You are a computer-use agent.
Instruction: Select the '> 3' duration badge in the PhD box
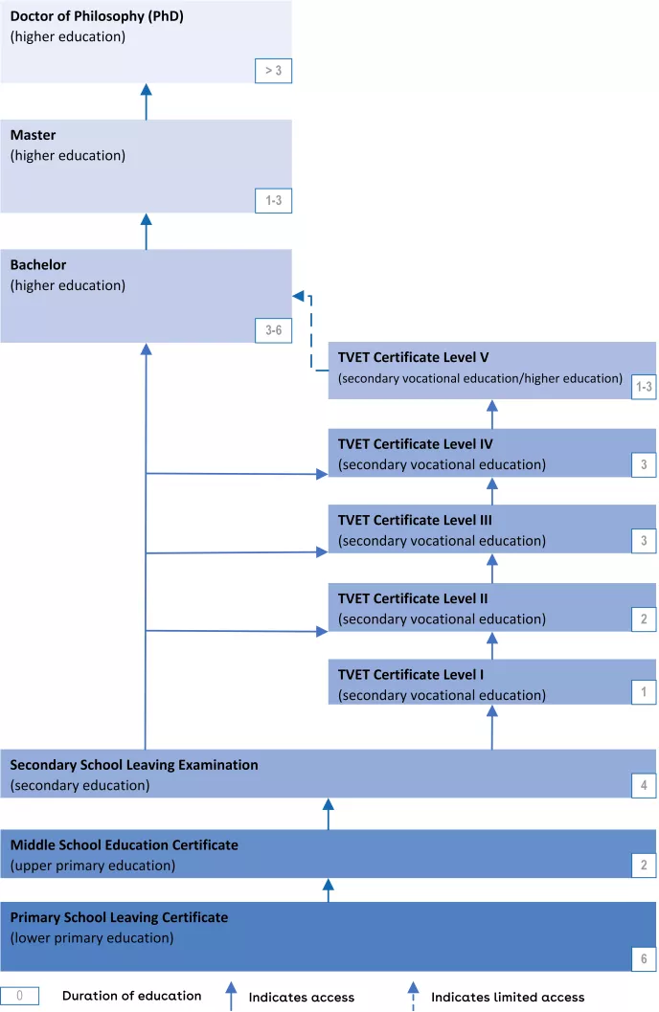tap(273, 71)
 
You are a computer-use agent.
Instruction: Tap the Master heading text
tap(34, 135)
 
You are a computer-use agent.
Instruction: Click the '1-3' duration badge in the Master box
tap(273, 201)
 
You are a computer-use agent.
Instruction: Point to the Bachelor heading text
tap(38, 265)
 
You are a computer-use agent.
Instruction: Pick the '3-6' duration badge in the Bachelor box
tap(273, 330)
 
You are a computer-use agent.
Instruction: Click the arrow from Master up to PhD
tap(147, 101)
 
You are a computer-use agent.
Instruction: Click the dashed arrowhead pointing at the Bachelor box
tap(298, 296)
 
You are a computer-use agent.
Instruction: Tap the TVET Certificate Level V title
tap(413, 357)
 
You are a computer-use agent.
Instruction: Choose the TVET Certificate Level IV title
tap(415, 444)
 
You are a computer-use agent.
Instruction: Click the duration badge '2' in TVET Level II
tap(644, 619)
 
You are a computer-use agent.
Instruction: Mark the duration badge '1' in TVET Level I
tap(644, 692)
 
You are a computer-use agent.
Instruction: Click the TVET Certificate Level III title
tap(415, 520)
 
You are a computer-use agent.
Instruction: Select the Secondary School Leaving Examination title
tap(134, 765)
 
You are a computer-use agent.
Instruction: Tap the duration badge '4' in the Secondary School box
tap(644, 786)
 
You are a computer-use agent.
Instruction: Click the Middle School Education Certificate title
tap(125, 844)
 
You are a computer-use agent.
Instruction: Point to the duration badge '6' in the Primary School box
tap(644, 958)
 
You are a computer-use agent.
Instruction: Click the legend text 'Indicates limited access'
tap(508, 997)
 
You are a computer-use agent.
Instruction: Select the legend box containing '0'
tap(20, 996)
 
